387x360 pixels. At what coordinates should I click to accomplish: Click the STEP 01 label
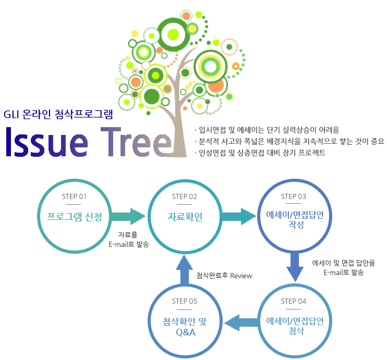click(x=74, y=196)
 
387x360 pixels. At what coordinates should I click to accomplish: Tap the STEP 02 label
click(x=184, y=196)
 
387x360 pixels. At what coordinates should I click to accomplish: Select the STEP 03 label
click(x=294, y=196)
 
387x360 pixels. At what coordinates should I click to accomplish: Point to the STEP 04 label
click(x=294, y=301)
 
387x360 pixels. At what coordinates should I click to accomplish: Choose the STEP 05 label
click(x=184, y=301)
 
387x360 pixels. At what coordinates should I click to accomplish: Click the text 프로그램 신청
click(x=74, y=217)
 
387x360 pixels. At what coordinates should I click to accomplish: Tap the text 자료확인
click(x=185, y=217)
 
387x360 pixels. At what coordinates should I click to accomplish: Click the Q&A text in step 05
click(x=186, y=332)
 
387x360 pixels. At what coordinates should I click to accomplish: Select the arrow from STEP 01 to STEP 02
click(x=128, y=216)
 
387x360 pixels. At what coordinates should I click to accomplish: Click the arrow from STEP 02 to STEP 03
click(x=238, y=216)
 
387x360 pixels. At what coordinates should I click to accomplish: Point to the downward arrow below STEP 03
click(x=295, y=266)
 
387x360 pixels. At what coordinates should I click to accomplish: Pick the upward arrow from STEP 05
click(x=184, y=270)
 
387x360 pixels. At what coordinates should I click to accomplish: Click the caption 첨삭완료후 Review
click(x=224, y=276)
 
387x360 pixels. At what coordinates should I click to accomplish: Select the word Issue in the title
click(x=46, y=142)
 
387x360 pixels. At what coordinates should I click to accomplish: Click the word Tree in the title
click(x=136, y=142)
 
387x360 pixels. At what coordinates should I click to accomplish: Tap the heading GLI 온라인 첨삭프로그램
click(x=58, y=114)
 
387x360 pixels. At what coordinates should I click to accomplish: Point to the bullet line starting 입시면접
click(x=267, y=130)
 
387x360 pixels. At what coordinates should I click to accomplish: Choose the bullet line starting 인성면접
click(x=260, y=153)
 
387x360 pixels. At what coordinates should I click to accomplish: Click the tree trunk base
click(x=179, y=151)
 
